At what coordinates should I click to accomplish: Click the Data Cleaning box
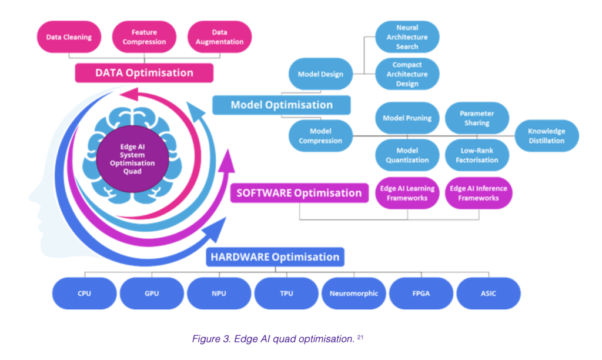[x=69, y=37]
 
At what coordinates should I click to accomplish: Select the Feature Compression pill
[x=144, y=37]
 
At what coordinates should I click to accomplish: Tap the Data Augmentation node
[x=219, y=37]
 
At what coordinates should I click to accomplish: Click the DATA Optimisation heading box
[x=144, y=73]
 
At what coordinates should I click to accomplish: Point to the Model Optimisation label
[x=281, y=105]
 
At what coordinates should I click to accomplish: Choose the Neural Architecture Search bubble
[x=407, y=37]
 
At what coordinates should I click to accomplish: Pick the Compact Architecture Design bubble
[x=407, y=74]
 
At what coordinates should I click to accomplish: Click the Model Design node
[x=320, y=74]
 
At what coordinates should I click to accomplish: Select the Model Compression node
[x=320, y=136]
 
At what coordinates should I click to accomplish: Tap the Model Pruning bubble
[x=407, y=118]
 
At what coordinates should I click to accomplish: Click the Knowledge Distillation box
[x=546, y=136]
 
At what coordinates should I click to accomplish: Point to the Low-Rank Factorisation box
[x=476, y=155]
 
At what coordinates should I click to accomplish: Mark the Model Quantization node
[x=407, y=155]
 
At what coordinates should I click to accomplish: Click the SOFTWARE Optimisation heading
[x=299, y=193]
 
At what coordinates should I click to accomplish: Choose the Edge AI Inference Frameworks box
[x=478, y=194]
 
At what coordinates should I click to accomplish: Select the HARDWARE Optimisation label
[x=275, y=257]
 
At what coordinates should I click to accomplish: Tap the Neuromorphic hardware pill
[x=354, y=293]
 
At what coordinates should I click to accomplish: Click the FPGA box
[x=421, y=293]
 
